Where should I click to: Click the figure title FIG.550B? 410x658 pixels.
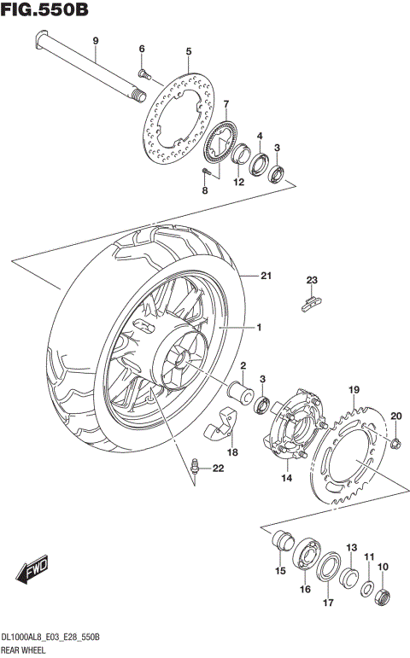point(46,11)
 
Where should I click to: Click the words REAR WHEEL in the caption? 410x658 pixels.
point(26,650)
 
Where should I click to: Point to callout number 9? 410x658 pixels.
point(95,41)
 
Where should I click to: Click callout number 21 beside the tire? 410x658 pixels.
point(266,276)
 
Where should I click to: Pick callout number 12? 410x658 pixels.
point(239,181)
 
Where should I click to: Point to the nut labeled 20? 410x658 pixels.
point(395,442)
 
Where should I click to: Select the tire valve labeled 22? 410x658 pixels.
point(196,466)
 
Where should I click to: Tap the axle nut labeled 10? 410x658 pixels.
point(384,595)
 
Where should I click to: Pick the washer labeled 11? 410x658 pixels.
point(367,588)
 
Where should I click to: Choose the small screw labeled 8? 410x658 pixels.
point(206,172)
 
